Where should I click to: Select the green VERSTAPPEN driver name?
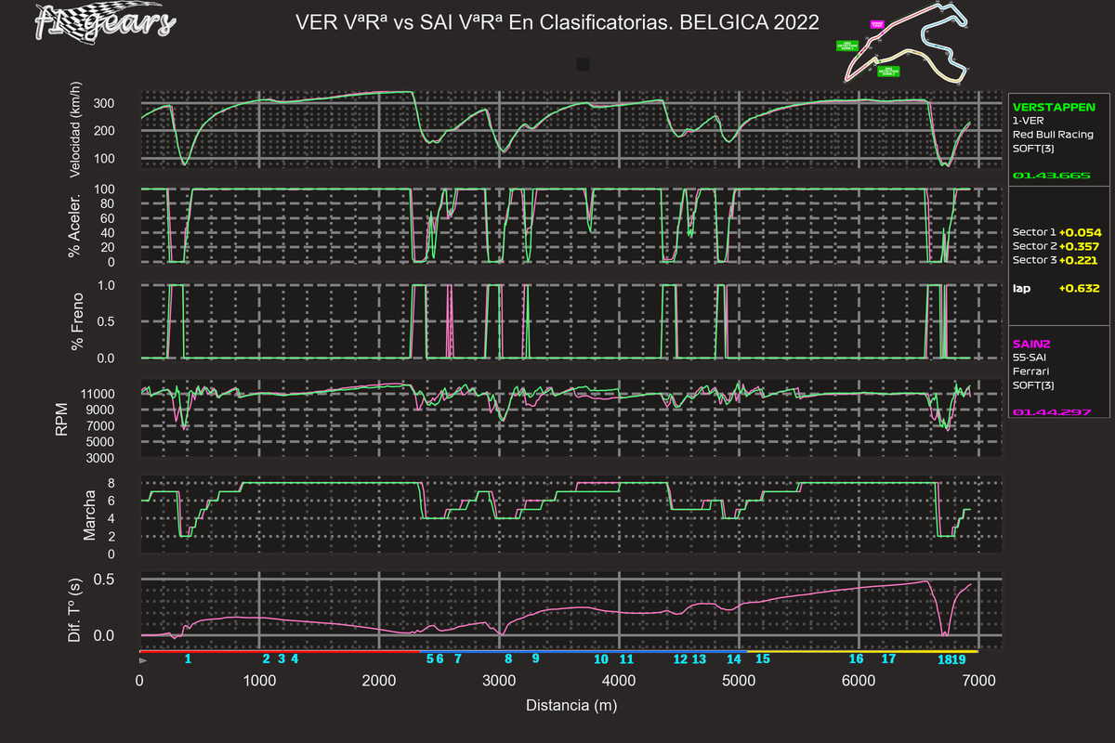1054,107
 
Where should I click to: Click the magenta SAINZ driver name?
1031,343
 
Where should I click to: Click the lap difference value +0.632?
1079,288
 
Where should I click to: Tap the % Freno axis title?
77,321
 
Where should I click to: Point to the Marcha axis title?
90,516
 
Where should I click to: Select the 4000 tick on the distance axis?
619,681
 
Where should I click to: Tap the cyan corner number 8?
508,658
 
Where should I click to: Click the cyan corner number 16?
857,658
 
